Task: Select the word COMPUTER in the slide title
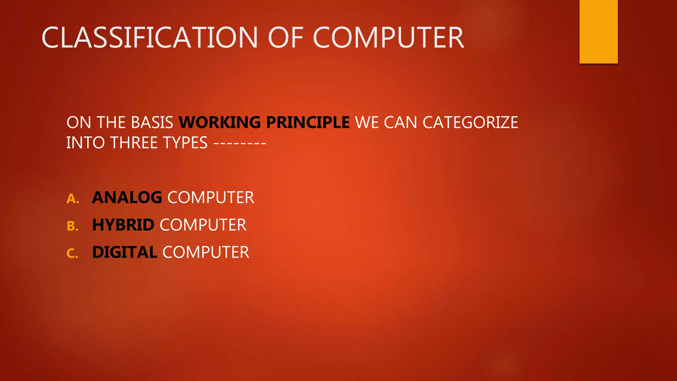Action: click(388, 38)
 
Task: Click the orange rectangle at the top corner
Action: click(598, 31)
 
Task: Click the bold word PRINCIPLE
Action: click(308, 122)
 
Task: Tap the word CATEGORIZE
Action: click(470, 122)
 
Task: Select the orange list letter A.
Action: click(72, 199)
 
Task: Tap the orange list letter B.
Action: click(72, 226)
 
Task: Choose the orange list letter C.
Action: click(72, 254)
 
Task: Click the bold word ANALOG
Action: click(127, 197)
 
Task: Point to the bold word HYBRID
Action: click(123, 225)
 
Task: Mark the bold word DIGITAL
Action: click(124, 252)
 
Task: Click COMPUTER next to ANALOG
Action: click(211, 197)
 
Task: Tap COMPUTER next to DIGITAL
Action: click(206, 252)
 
